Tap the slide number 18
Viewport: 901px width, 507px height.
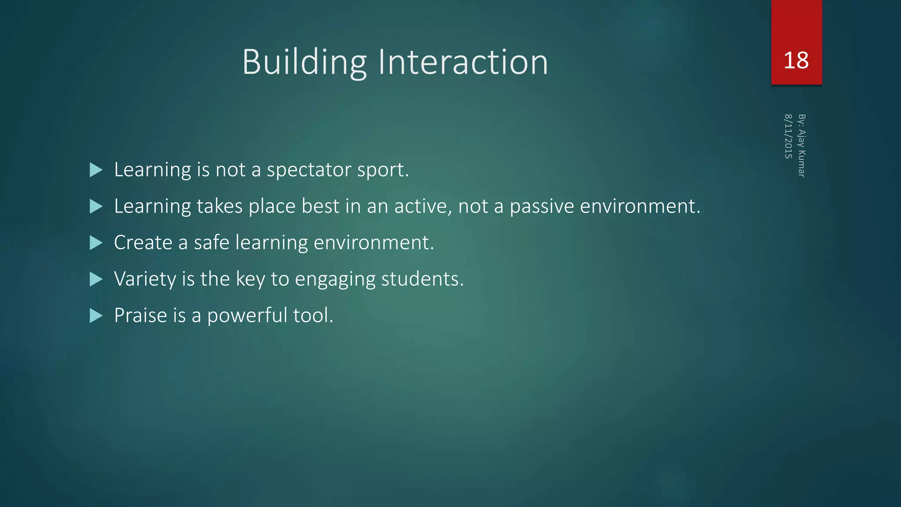(796, 60)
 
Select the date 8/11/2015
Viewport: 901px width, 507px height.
(788, 136)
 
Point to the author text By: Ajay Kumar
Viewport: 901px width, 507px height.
(802, 146)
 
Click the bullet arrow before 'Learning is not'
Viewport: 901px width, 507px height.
(96, 170)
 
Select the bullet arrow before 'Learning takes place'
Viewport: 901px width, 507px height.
(96, 206)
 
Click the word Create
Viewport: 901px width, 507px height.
(143, 242)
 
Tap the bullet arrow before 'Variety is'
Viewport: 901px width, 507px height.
(96, 279)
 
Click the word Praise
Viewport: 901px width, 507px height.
(140, 316)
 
